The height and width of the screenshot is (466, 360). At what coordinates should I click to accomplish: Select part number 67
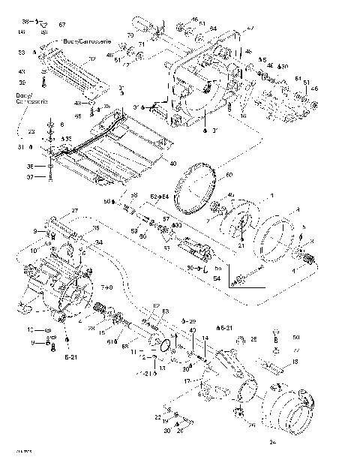point(62,26)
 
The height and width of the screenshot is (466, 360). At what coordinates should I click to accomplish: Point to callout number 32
point(91,59)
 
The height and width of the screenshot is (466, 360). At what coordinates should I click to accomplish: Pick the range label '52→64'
point(160,197)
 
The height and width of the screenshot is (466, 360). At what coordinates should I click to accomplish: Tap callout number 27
point(74,210)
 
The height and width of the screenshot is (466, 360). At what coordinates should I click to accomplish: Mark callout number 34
point(98,242)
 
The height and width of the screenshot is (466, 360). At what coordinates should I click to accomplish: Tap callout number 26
point(253,339)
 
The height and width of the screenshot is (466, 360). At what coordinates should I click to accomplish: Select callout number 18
point(295,362)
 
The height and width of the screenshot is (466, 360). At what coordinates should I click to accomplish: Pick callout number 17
point(187,381)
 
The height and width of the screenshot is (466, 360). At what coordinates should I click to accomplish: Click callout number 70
point(130,36)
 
